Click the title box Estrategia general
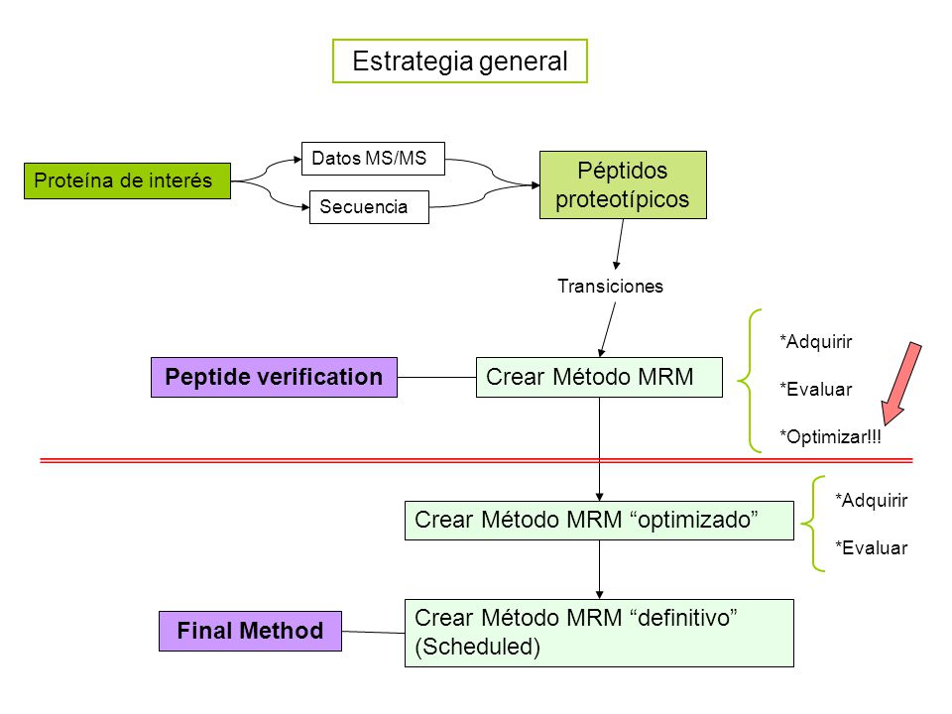[x=459, y=60]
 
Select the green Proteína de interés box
[x=128, y=180]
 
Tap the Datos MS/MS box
[x=373, y=159]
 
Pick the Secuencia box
[x=369, y=207]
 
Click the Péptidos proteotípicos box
[x=623, y=184]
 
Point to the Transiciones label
[x=610, y=286]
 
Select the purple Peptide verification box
[x=274, y=377]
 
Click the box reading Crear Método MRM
[x=599, y=377]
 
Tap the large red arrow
[x=901, y=384]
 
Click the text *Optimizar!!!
[x=830, y=436]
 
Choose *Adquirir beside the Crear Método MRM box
[x=815, y=341]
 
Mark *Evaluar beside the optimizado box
[x=871, y=547]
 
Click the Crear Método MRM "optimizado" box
[x=599, y=521]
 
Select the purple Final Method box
[x=250, y=631]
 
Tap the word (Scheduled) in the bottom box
[x=477, y=647]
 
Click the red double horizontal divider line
[x=477, y=460]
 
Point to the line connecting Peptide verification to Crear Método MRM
[x=436, y=377]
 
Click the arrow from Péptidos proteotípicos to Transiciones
[x=619, y=244]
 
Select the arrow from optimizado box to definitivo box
[x=599, y=569]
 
